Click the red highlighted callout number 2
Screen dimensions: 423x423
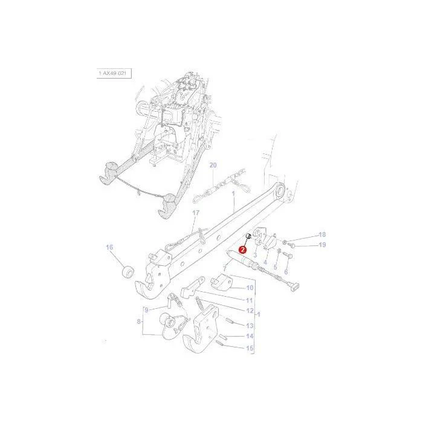coord(243,250)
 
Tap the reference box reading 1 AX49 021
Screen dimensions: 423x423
coord(114,73)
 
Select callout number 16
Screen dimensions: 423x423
coord(109,247)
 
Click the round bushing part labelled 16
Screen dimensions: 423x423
coord(128,272)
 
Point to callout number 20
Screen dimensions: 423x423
coord(213,165)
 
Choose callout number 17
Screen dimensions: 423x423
coord(196,213)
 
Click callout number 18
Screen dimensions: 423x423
coord(322,234)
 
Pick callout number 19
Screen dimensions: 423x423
coord(322,245)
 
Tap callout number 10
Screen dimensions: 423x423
coord(250,288)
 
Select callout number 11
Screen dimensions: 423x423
coord(249,300)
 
